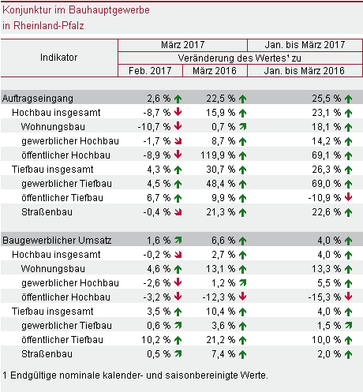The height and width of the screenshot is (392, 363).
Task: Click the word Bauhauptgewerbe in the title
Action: click(109, 10)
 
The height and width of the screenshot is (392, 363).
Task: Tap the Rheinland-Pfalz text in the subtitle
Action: click(49, 25)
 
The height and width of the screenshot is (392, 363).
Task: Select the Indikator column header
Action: click(58, 58)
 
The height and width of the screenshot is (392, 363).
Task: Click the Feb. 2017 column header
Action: click(150, 71)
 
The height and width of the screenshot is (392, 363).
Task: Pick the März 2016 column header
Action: click(215, 71)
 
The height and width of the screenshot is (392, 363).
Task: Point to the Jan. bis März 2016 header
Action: click(305, 71)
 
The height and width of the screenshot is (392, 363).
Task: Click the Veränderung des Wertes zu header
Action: click(240, 58)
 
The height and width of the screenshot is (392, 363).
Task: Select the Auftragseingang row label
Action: click(38, 99)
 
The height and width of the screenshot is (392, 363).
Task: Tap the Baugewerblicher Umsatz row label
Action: click(57, 241)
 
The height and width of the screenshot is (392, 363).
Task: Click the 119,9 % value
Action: click(218, 155)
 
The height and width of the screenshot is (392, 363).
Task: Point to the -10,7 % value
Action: click(154, 127)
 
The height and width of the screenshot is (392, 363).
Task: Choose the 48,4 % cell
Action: click(221, 184)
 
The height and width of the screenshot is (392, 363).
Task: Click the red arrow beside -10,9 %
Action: click(348, 197)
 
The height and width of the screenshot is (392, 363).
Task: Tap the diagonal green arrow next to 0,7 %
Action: click(243, 127)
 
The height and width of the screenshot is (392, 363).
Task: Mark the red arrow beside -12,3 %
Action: click(242, 297)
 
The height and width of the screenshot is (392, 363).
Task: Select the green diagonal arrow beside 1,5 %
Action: click(349, 326)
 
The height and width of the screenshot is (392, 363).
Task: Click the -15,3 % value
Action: click(324, 297)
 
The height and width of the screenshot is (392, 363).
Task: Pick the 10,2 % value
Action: click(156, 340)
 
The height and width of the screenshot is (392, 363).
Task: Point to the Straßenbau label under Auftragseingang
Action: click(47, 212)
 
